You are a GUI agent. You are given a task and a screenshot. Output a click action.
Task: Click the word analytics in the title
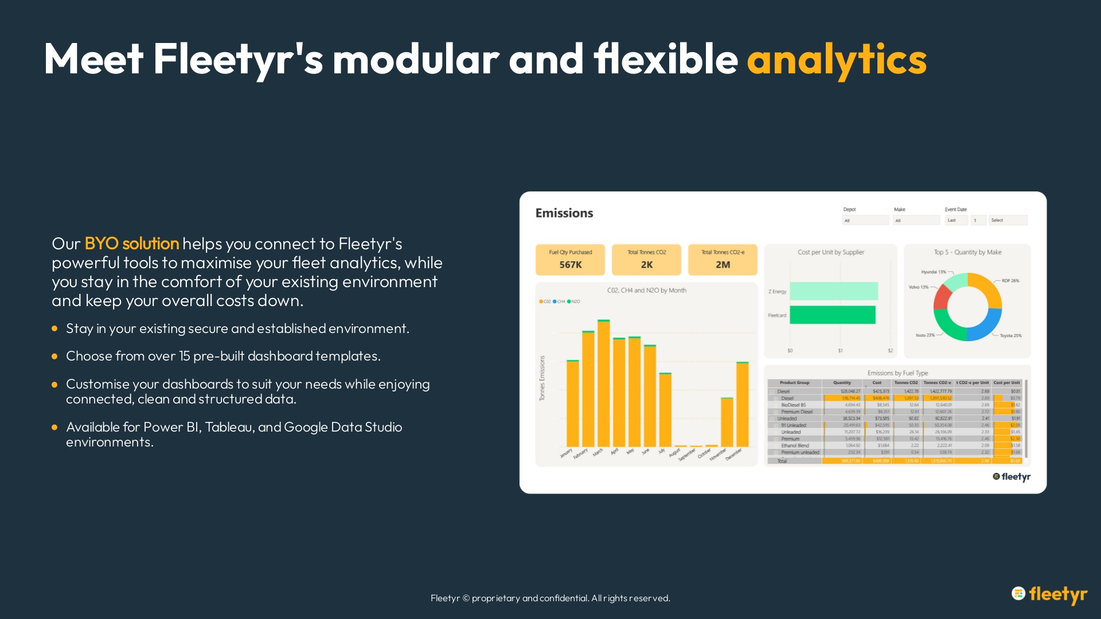tap(836, 59)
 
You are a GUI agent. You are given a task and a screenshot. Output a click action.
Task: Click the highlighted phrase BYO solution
tap(131, 244)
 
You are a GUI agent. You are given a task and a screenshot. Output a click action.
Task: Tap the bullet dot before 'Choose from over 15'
tap(54, 356)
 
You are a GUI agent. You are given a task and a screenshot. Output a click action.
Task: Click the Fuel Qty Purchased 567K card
tap(570, 259)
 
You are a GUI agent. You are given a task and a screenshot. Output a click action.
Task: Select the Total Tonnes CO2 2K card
tap(646, 259)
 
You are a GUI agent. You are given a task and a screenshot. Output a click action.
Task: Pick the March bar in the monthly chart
tap(603, 384)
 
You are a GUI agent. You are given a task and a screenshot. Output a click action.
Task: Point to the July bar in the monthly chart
tap(665, 410)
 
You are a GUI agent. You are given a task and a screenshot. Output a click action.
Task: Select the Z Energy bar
tap(833, 291)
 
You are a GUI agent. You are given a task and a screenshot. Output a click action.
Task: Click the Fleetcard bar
tap(832, 315)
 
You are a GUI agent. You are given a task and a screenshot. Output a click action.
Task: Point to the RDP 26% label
tap(1010, 281)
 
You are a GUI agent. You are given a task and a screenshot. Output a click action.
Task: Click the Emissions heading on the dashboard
tap(564, 213)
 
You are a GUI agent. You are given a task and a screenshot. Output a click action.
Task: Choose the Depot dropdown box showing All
tap(865, 220)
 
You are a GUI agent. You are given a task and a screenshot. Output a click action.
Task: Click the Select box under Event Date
tap(1008, 220)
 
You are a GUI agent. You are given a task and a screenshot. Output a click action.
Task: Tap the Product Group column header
tap(794, 383)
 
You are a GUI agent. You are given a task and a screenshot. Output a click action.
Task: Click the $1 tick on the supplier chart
tap(840, 351)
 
